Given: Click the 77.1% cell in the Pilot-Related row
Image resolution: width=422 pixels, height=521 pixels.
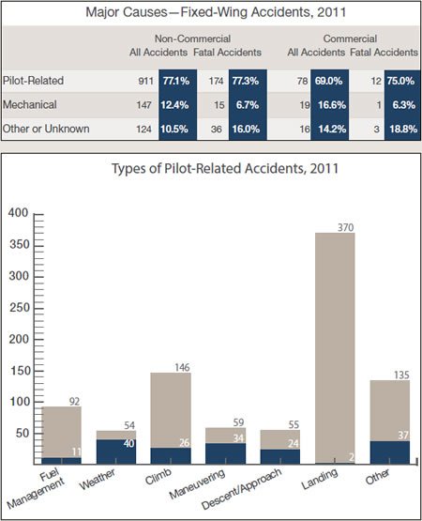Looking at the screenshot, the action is [x=177, y=81].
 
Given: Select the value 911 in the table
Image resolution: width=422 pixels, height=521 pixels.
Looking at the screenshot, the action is [x=145, y=81].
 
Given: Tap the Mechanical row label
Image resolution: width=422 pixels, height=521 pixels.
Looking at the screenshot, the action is [x=30, y=104].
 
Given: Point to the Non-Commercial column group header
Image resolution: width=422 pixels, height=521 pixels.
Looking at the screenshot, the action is [x=192, y=38].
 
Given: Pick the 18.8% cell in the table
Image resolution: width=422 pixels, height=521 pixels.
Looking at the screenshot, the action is [x=402, y=129].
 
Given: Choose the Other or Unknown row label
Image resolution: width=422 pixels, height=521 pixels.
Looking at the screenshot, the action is [x=46, y=129].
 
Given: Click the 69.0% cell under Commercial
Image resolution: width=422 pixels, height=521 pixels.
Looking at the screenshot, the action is [x=330, y=81].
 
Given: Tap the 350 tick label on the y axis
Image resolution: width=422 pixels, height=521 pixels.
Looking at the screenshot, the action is [x=20, y=244].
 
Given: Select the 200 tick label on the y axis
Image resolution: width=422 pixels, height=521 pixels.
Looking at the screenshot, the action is [x=20, y=339].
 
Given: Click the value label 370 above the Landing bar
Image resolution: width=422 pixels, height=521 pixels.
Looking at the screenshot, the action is [x=346, y=227].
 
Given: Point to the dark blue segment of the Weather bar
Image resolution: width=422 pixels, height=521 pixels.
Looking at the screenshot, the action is [x=116, y=452].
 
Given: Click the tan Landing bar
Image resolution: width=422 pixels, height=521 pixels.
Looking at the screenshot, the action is [x=335, y=347].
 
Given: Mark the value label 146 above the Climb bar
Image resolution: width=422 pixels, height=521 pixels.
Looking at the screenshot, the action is [x=182, y=367].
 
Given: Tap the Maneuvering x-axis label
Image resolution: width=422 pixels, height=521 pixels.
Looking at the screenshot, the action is [x=197, y=483].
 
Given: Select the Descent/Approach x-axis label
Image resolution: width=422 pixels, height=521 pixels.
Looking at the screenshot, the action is [x=242, y=488].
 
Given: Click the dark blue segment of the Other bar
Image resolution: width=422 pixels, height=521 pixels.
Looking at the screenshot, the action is [x=390, y=452].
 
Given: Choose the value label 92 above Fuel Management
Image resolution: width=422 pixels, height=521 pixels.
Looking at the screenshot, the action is [x=74, y=402].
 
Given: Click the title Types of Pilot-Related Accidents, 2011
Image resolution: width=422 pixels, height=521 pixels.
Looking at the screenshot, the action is [x=225, y=168].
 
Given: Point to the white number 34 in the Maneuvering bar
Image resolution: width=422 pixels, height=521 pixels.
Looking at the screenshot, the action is [x=238, y=438].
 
